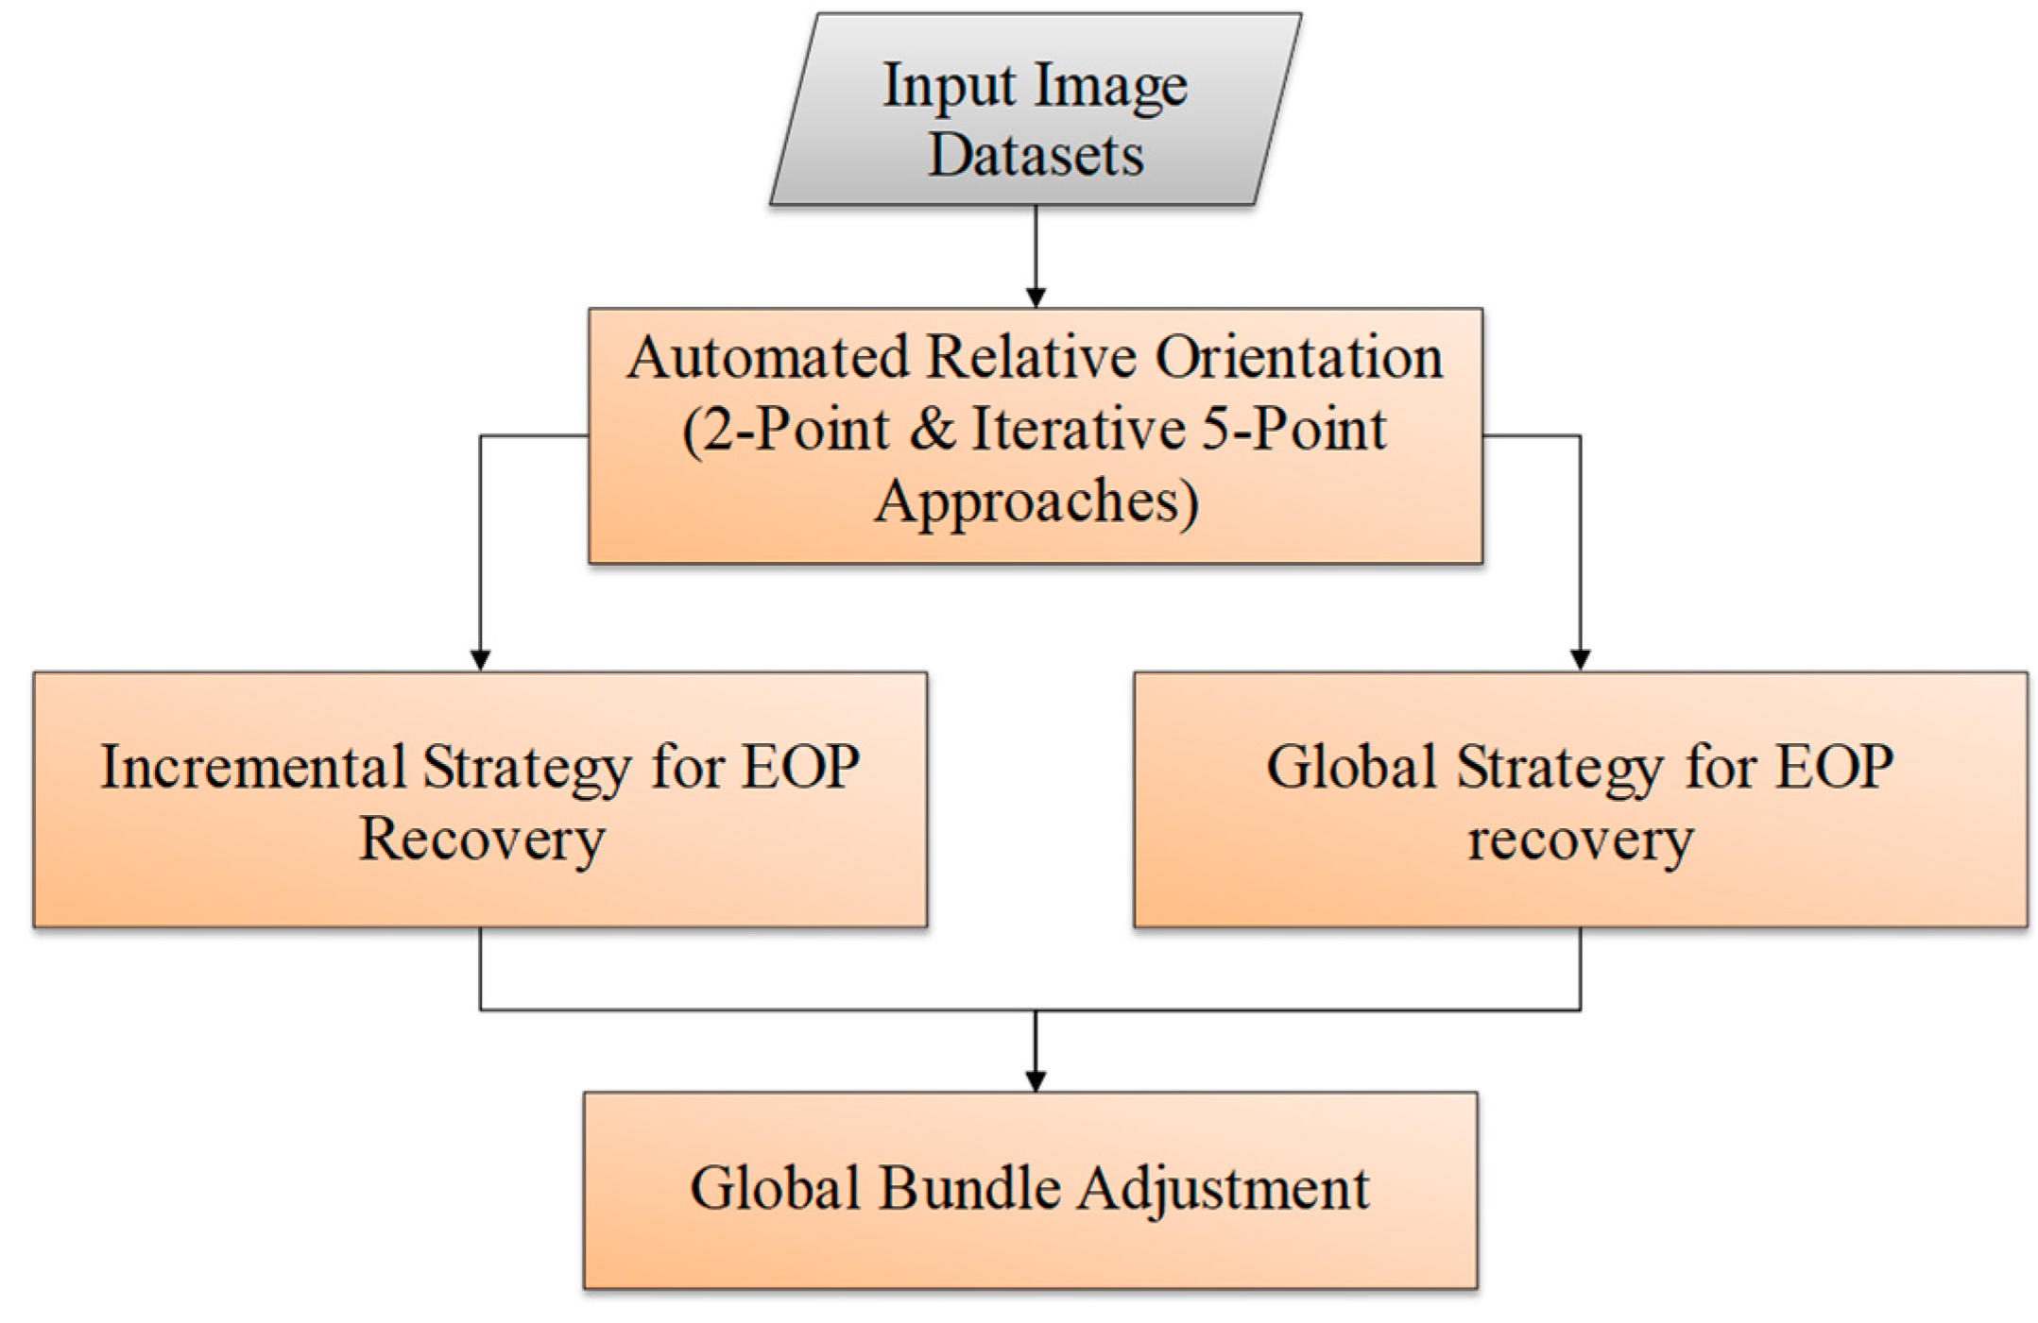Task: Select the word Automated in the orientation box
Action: pos(768,358)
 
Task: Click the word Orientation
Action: pos(1299,358)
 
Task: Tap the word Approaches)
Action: pos(1036,502)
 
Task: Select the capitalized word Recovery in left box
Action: pos(481,839)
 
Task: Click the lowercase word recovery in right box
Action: pos(1580,839)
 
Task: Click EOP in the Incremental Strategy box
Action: pos(800,766)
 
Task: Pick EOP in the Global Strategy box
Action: pos(1835,766)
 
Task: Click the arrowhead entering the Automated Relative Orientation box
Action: pos(1036,297)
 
